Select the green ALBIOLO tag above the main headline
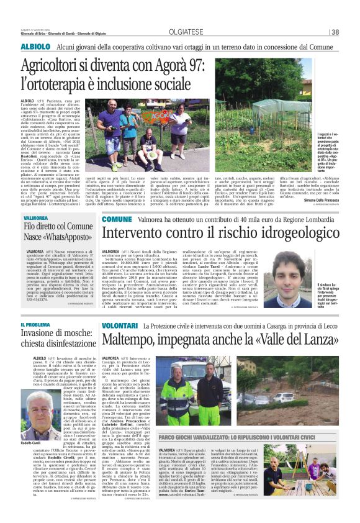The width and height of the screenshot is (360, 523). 35,47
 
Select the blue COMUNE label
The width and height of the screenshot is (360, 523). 117,219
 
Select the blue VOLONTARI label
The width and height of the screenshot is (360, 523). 120,325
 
